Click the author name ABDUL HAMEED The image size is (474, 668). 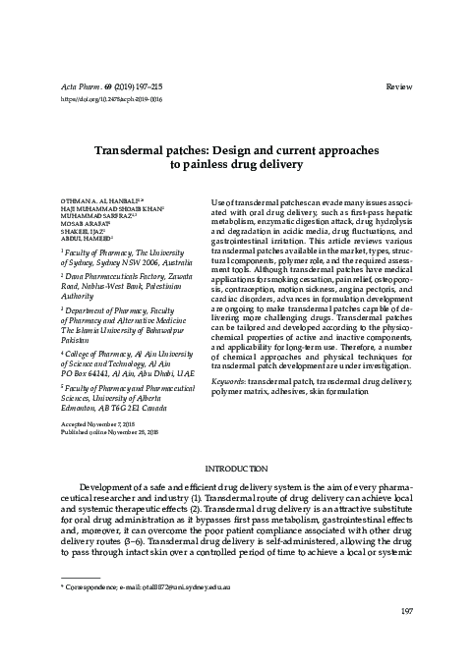(87, 238)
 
